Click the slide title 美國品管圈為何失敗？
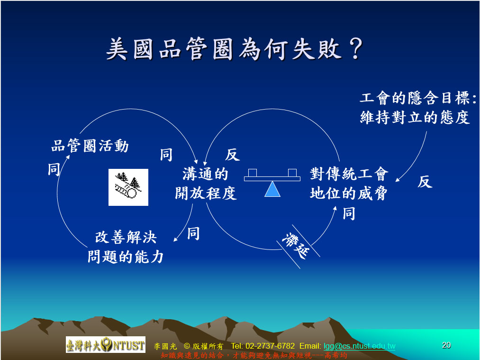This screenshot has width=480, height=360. click(235, 49)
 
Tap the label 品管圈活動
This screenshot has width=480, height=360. click(90, 146)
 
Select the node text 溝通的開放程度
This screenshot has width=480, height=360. click(206, 184)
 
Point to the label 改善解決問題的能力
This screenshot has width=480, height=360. click(126, 247)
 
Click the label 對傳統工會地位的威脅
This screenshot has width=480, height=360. click(349, 184)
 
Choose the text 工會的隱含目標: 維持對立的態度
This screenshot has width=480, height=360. click(418, 108)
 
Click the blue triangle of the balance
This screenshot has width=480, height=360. click(272, 189)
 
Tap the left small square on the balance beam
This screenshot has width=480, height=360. click(253, 173)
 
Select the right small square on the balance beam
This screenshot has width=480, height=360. click(292, 173)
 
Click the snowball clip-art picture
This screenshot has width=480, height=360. click(128, 187)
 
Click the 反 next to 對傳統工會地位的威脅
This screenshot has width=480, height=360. click(425, 182)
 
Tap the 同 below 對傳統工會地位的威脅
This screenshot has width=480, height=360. click(349, 213)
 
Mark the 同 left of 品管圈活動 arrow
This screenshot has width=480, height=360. click(54, 169)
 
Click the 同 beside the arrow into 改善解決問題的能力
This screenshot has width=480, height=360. click(193, 233)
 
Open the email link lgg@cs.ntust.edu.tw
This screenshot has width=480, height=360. click(359, 346)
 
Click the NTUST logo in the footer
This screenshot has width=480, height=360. click(106, 345)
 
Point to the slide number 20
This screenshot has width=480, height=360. click(446, 345)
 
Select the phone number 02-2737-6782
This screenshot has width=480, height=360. click(270, 346)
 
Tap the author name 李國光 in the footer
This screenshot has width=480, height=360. click(165, 346)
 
